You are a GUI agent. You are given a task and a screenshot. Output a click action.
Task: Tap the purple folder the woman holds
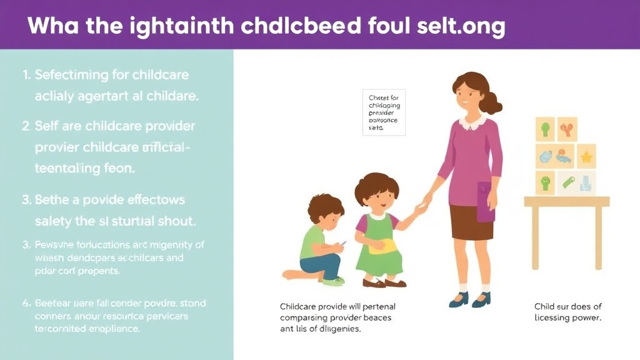[x=486, y=201]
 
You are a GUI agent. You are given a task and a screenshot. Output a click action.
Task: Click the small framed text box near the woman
[x=384, y=112]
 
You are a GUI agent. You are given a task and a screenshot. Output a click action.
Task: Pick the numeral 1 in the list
[x=26, y=75]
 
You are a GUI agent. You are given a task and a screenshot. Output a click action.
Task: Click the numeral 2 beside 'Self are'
[x=26, y=126]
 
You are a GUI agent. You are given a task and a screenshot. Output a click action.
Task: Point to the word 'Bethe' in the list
[x=52, y=201]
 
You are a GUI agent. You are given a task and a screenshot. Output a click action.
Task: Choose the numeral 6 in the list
[x=26, y=304]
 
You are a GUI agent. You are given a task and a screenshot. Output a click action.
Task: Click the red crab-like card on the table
[x=567, y=129]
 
